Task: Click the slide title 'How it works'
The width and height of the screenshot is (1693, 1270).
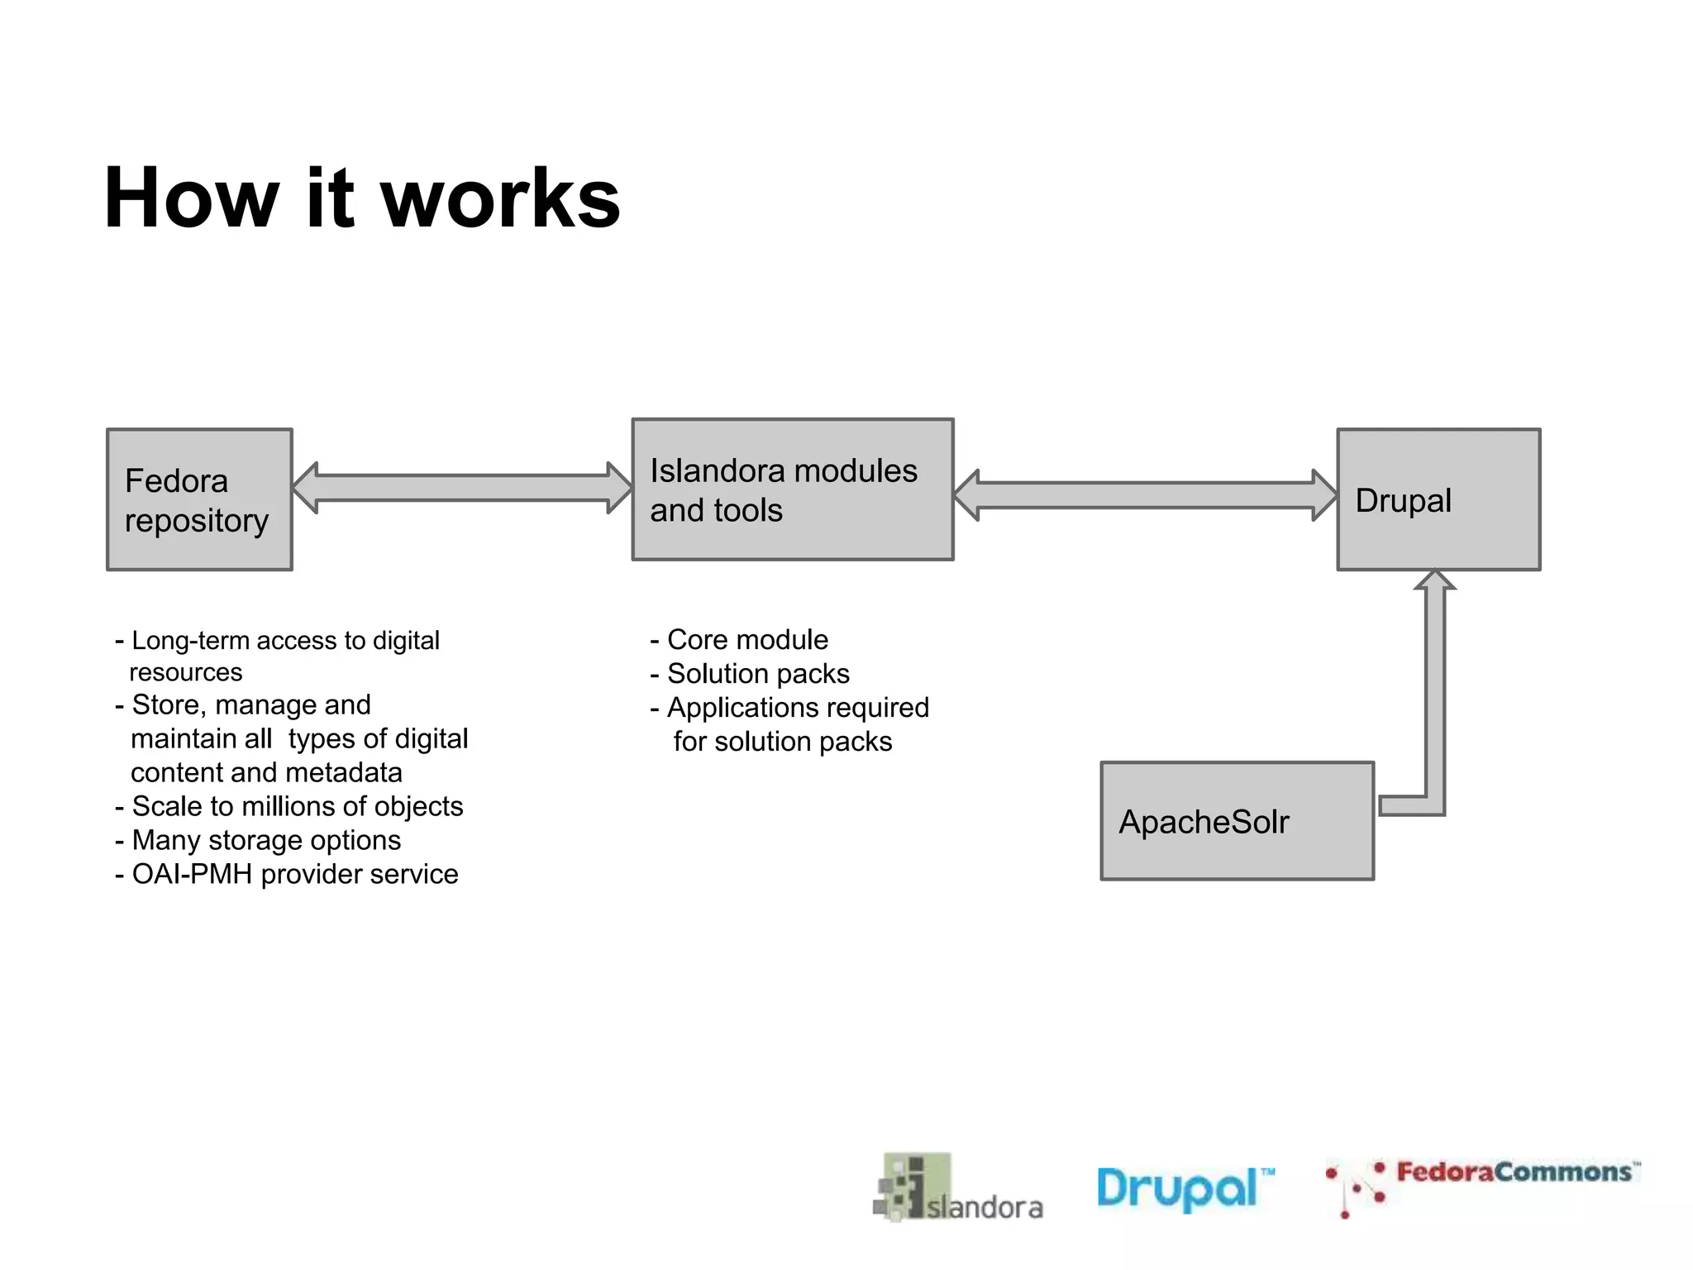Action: click(x=362, y=198)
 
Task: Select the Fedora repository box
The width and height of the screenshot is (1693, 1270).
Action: click(x=199, y=499)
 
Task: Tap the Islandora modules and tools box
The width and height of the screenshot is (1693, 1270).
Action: click(x=792, y=489)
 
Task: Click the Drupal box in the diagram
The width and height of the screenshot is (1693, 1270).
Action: click(x=1438, y=499)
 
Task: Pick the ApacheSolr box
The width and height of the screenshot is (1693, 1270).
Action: click(x=1237, y=821)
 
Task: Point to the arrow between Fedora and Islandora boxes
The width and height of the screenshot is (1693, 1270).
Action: click(x=461, y=488)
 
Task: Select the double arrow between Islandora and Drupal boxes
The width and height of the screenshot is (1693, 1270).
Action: click(x=1145, y=495)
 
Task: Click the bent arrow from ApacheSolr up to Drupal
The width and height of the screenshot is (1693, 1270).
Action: click(x=1435, y=703)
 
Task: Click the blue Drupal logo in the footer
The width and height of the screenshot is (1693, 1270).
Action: click(x=1184, y=1189)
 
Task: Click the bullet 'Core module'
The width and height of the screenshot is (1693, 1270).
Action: click(x=746, y=640)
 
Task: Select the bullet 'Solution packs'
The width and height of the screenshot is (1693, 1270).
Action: click(x=757, y=674)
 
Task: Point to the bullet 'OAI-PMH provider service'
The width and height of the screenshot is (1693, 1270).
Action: click(x=294, y=874)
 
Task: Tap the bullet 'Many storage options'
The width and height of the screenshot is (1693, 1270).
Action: click(x=265, y=840)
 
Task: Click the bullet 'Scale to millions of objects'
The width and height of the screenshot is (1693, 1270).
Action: click(x=297, y=806)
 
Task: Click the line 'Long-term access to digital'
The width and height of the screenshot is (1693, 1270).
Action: click(x=285, y=641)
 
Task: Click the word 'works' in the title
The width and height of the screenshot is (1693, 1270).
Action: click(x=499, y=198)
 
